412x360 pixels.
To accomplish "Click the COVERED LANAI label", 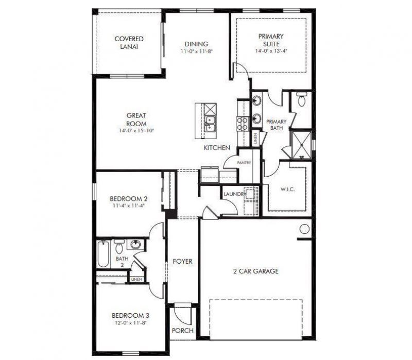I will click(x=129, y=42).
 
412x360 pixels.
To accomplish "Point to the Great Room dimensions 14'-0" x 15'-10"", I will click(x=136, y=131).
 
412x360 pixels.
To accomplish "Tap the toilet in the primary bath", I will click(x=302, y=100).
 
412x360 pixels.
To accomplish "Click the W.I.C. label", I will click(x=287, y=190).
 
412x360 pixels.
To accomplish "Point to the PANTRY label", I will click(x=244, y=163).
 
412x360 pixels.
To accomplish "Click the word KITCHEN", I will click(x=216, y=148).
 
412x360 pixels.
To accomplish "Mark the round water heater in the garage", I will click(x=305, y=229).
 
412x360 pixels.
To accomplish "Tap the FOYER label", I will click(x=182, y=261).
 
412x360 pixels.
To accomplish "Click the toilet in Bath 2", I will click(x=119, y=244).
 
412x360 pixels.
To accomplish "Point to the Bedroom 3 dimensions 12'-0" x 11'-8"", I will click(x=131, y=323).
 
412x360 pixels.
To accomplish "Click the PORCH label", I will click(x=182, y=331).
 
